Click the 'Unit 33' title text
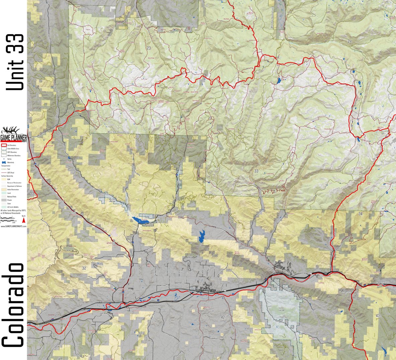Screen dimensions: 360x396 click(15, 62)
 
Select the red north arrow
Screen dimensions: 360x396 click(24, 221)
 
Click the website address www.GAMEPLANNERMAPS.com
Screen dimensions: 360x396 click(13, 226)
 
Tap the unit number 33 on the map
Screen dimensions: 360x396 click(256, 171)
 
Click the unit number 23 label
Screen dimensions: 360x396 click(148, 48)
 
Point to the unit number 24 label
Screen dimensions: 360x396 click(350, 41)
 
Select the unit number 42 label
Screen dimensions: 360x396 click(223, 317)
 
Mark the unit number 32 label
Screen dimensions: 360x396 click(84, 268)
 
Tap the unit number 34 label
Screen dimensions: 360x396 click(360, 214)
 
